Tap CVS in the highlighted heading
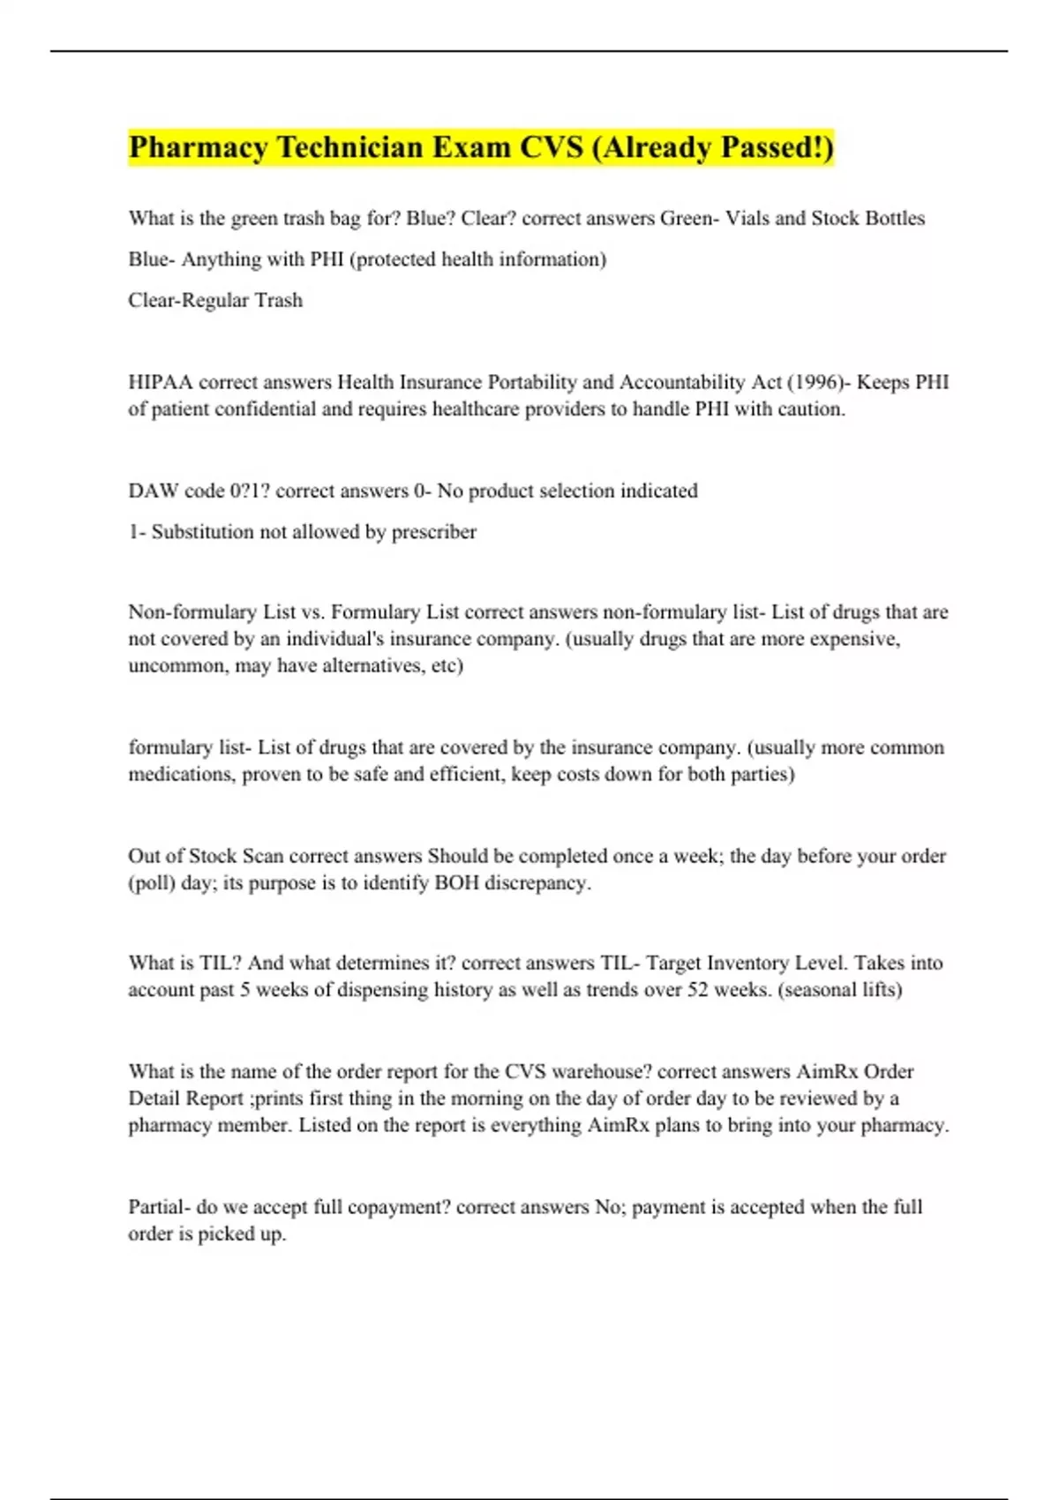(551, 147)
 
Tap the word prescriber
(433, 532)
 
